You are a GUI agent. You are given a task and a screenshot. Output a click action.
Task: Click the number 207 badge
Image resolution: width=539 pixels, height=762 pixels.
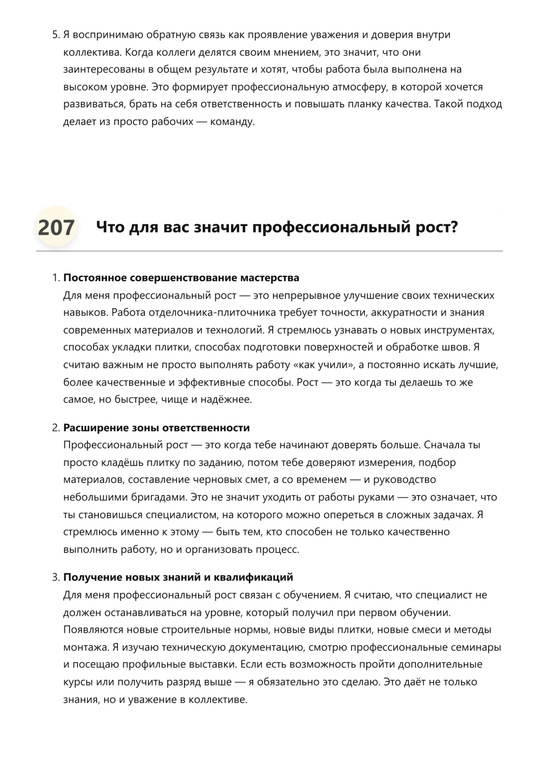(x=56, y=228)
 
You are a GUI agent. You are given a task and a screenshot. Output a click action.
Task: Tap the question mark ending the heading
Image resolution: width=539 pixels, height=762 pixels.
(x=454, y=227)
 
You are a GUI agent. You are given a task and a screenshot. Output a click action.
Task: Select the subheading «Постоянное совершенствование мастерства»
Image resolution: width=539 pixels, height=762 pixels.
(x=181, y=278)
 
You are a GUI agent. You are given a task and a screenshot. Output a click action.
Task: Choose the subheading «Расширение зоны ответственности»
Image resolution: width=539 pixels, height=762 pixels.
(x=157, y=428)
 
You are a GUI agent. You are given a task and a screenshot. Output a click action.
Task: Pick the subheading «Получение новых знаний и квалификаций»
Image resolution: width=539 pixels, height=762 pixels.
(x=178, y=577)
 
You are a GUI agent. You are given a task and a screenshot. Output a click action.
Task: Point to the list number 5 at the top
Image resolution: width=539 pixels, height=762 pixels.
(x=55, y=35)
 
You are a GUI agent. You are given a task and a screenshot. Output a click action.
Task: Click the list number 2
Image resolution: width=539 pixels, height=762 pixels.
(x=55, y=428)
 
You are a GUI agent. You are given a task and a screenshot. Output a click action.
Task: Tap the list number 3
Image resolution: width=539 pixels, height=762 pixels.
(x=55, y=577)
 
